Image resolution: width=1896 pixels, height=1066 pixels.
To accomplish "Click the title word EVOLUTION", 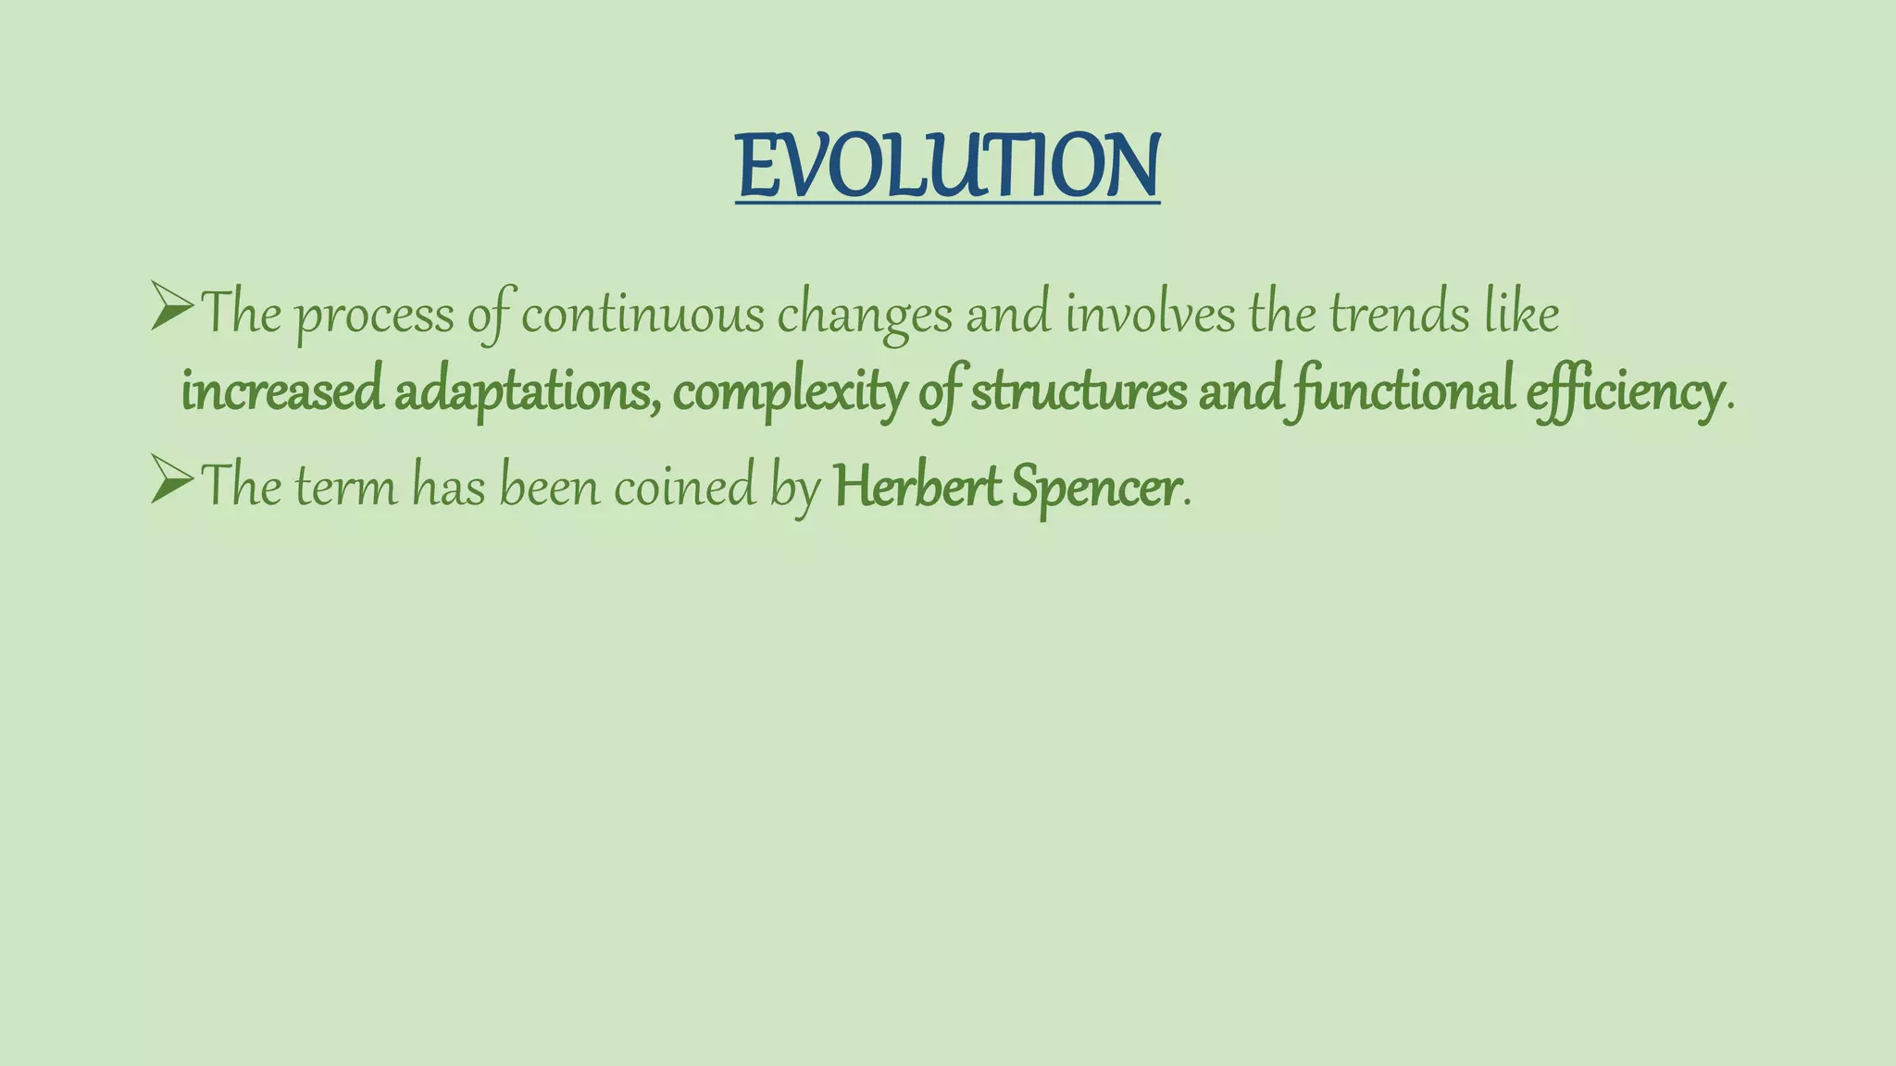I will coord(947,167).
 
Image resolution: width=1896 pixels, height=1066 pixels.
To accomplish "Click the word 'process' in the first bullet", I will coord(375,316).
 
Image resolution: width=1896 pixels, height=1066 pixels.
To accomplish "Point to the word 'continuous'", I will coord(642,315).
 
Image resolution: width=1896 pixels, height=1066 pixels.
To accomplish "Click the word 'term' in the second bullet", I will coord(345,487).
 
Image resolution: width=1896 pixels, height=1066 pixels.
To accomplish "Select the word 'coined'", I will coord(684,487).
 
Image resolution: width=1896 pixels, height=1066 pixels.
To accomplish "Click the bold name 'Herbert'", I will coord(917,487).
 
